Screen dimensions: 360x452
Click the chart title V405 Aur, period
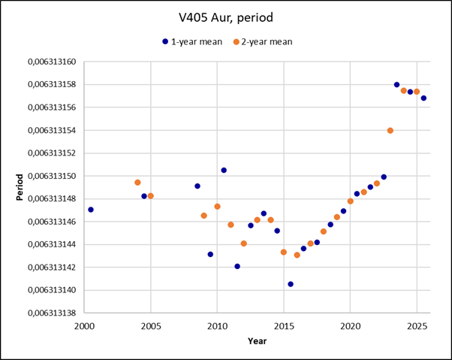(224, 17)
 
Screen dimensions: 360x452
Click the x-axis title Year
(258, 341)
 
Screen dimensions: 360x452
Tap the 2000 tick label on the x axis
(84, 325)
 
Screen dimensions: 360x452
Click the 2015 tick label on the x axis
(284, 325)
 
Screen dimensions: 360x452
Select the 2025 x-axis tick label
(417, 325)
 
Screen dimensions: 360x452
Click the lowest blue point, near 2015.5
(291, 284)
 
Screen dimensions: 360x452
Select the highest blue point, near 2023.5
(397, 84)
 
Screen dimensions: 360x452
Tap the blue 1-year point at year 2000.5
(91, 210)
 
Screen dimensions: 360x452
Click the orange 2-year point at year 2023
(390, 131)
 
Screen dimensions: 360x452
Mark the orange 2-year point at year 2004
(137, 183)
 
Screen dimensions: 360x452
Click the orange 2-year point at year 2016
(297, 256)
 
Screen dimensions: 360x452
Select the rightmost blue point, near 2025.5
(423, 98)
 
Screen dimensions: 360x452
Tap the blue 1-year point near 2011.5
(237, 266)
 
